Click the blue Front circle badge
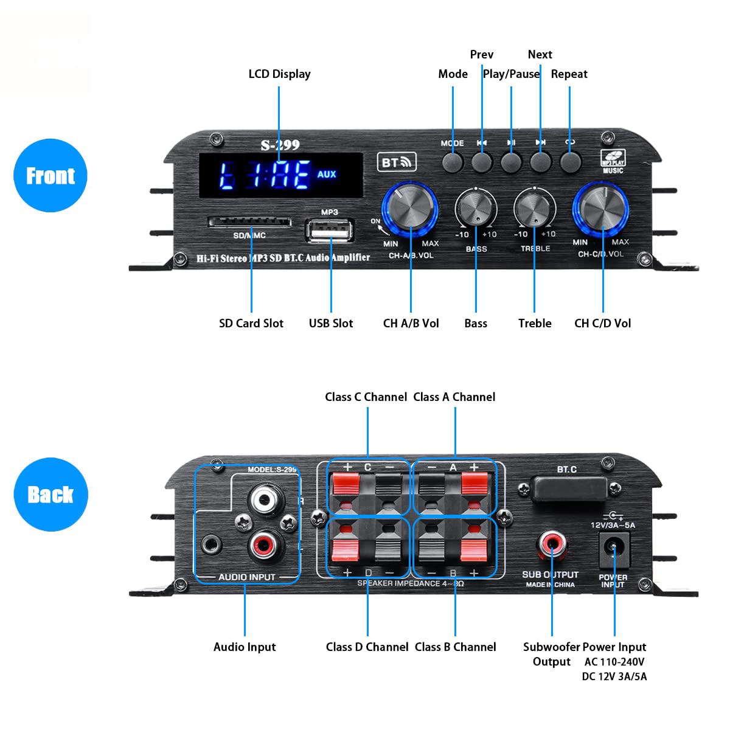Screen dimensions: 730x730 click(50, 175)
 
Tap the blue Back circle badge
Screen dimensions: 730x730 click(50, 494)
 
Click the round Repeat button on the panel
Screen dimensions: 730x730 click(569, 162)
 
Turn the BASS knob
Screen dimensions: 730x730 click(476, 209)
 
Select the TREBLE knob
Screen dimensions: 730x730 click(534, 209)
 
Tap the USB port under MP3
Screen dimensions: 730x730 click(329, 231)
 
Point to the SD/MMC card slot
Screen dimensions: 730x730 click(249, 222)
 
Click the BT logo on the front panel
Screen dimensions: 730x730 click(396, 162)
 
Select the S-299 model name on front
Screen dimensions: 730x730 click(280, 145)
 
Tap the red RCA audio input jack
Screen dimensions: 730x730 click(265, 543)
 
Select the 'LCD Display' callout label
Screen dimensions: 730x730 click(279, 74)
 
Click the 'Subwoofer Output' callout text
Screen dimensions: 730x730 click(551, 654)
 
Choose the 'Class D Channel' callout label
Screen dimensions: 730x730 click(367, 647)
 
